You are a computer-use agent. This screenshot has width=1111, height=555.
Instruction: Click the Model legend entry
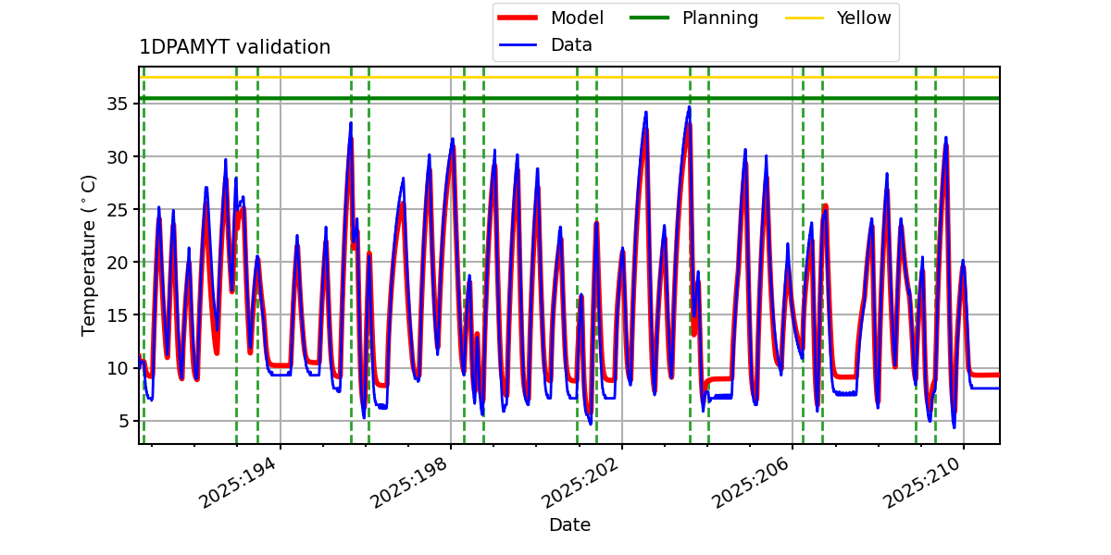pyautogui.click(x=577, y=18)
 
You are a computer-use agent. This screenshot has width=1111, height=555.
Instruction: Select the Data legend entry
pyautogui.click(x=571, y=45)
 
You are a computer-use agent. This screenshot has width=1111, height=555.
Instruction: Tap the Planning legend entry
pyautogui.click(x=719, y=18)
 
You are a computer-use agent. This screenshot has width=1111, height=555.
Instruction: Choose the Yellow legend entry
pyautogui.click(x=863, y=18)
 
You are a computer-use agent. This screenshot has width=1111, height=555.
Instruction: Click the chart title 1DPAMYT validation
pyautogui.click(x=234, y=47)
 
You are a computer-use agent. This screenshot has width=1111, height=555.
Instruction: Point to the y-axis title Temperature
pyautogui.click(x=90, y=254)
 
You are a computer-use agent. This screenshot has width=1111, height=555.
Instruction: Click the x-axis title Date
pyautogui.click(x=569, y=525)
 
